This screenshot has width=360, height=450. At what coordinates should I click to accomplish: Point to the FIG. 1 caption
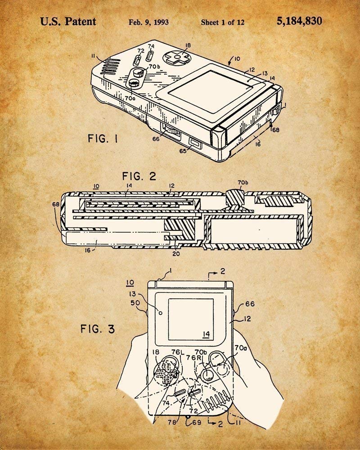tap(103, 139)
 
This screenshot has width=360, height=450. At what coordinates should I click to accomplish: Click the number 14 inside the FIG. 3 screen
tap(207, 333)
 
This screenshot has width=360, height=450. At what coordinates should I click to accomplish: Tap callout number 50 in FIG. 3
tap(135, 303)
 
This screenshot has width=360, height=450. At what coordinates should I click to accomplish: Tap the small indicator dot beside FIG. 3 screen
tap(160, 310)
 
